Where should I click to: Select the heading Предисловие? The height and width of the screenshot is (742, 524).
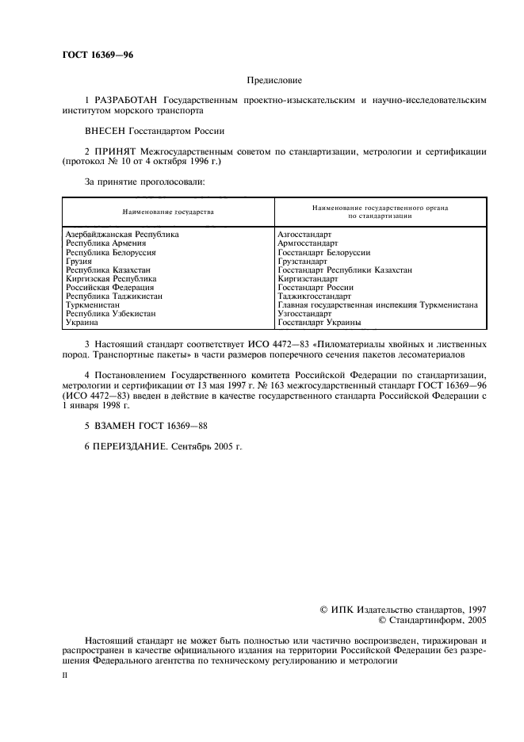(x=273, y=80)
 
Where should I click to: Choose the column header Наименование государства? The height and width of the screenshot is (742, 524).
(x=168, y=212)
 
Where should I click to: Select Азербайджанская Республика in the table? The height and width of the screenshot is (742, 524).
(x=123, y=235)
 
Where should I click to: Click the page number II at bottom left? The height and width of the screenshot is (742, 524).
(x=65, y=676)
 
